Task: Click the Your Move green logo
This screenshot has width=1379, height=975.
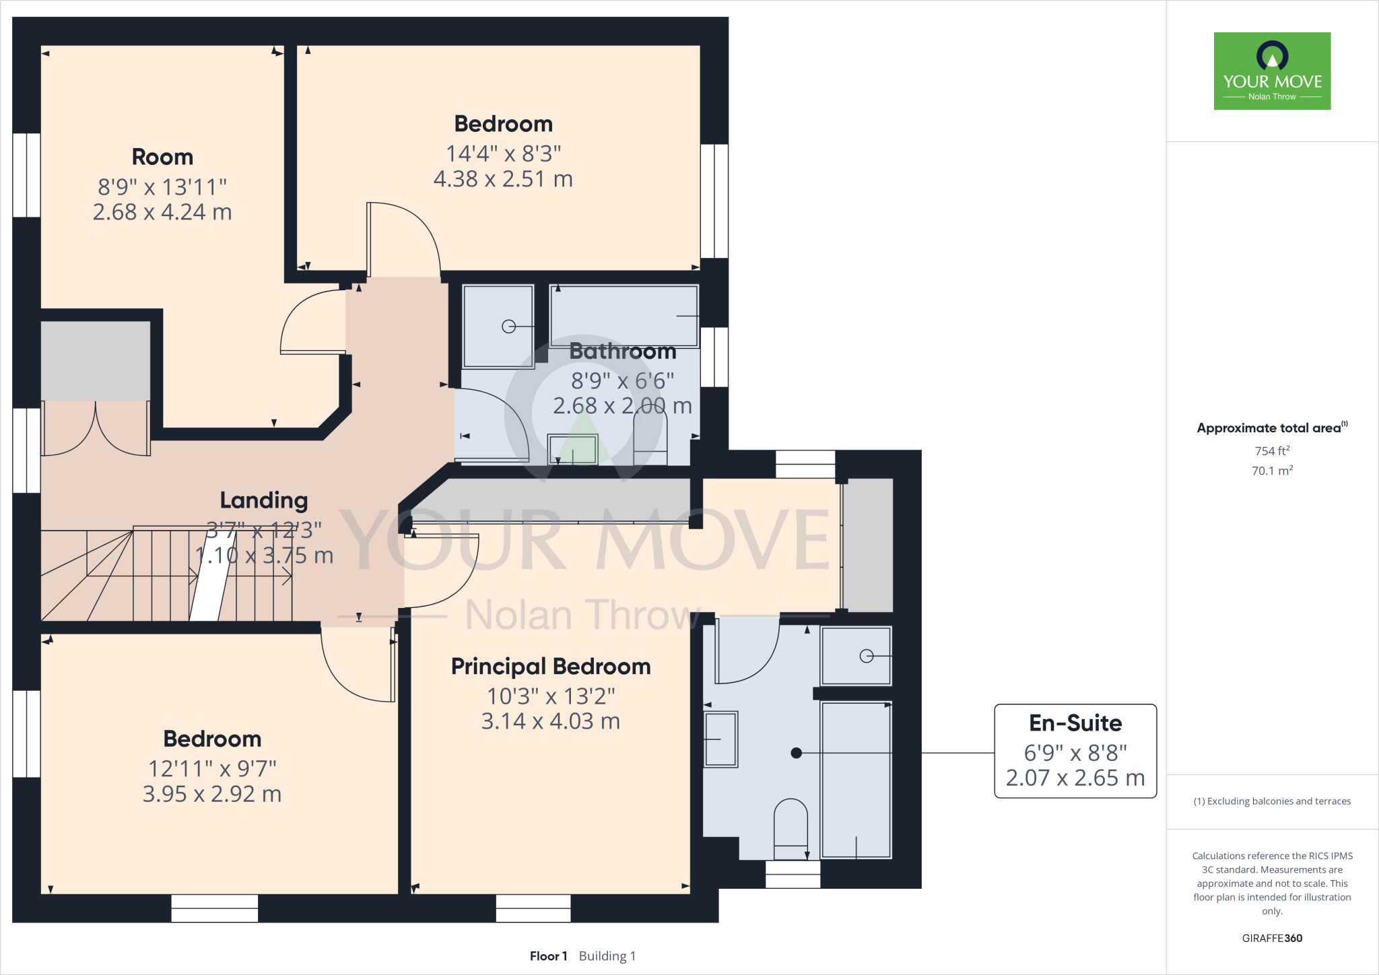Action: click(x=1272, y=71)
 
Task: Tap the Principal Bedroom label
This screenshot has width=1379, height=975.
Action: click(x=551, y=667)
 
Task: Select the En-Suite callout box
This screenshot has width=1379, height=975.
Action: click(x=1075, y=751)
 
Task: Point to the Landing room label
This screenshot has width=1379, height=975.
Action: click(x=264, y=500)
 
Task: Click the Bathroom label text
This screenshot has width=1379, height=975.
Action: click(x=623, y=351)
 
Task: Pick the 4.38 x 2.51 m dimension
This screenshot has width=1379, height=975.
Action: click(x=503, y=179)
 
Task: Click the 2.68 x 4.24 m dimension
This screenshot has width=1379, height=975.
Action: click(x=162, y=212)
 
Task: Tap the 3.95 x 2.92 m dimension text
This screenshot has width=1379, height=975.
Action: click(x=212, y=794)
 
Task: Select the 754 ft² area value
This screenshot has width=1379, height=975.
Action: click(x=1272, y=450)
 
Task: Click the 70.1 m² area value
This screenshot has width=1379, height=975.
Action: click(x=1272, y=470)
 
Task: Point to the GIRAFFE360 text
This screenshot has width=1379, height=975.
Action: click(x=1272, y=938)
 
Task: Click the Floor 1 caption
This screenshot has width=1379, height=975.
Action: click(x=548, y=956)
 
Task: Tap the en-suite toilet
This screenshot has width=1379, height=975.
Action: click(x=791, y=829)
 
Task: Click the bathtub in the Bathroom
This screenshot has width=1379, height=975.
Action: click(x=624, y=315)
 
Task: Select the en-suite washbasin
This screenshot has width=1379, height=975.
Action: click(x=720, y=739)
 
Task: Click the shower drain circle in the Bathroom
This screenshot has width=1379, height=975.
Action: click(x=508, y=327)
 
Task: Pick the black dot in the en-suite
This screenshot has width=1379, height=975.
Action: click(x=797, y=753)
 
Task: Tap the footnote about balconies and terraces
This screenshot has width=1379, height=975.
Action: click(x=1272, y=801)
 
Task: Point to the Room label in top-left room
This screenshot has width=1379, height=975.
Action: click(x=162, y=157)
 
